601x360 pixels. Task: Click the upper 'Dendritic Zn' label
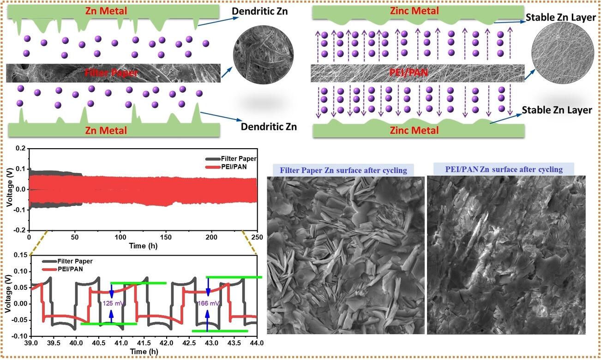[260, 11]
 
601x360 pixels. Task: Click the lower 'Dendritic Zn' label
[269, 126]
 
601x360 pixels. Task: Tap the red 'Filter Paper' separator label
[111, 72]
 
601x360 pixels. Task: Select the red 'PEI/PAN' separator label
[409, 72]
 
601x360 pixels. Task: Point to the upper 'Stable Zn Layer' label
[561, 18]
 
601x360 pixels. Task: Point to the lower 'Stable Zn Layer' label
[557, 110]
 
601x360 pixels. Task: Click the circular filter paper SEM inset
[263, 55]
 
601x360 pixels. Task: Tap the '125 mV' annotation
[114, 303]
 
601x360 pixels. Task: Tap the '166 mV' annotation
[209, 303]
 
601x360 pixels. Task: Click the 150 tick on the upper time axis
[166, 237]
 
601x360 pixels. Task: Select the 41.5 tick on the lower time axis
[144, 343]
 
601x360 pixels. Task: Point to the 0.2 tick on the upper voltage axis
[21, 148]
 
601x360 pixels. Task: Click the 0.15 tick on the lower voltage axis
[21, 255]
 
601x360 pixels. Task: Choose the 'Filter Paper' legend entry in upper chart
[231, 159]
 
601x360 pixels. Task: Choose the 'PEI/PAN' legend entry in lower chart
[62, 269]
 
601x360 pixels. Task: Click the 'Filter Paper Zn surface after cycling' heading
[343, 170]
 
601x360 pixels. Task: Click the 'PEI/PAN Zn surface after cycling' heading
[504, 169]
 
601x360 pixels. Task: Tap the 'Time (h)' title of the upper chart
[143, 246]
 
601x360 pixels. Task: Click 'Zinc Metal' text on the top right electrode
[415, 11]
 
